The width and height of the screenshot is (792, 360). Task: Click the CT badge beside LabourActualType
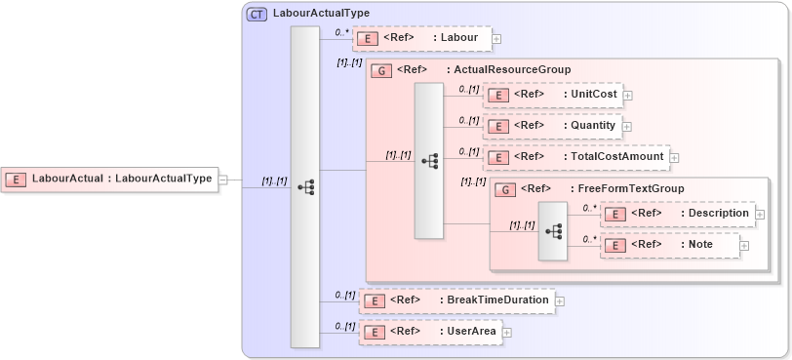(257, 15)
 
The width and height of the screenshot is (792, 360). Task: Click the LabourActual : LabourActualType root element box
(109, 179)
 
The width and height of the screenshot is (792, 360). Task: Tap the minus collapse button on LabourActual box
(223, 180)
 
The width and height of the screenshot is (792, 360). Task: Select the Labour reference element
(421, 38)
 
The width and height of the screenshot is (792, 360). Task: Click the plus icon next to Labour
(496, 39)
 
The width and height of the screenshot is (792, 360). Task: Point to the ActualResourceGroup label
(507, 70)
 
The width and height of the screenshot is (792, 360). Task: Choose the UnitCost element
(553, 95)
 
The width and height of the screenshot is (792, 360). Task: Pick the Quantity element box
(552, 126)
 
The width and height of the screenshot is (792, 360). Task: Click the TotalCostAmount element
(575, 156)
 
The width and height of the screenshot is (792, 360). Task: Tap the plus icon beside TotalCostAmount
(674, 157)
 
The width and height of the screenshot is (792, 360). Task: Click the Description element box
(677, 214)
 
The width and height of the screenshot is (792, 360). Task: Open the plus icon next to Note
(744, 245)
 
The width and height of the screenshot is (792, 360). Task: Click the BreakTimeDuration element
(456, 300)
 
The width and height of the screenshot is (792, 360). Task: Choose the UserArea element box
(430, 332)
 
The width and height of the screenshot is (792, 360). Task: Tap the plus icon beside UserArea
(506, 333)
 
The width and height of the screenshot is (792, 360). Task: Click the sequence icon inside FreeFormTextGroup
(553, 231)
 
